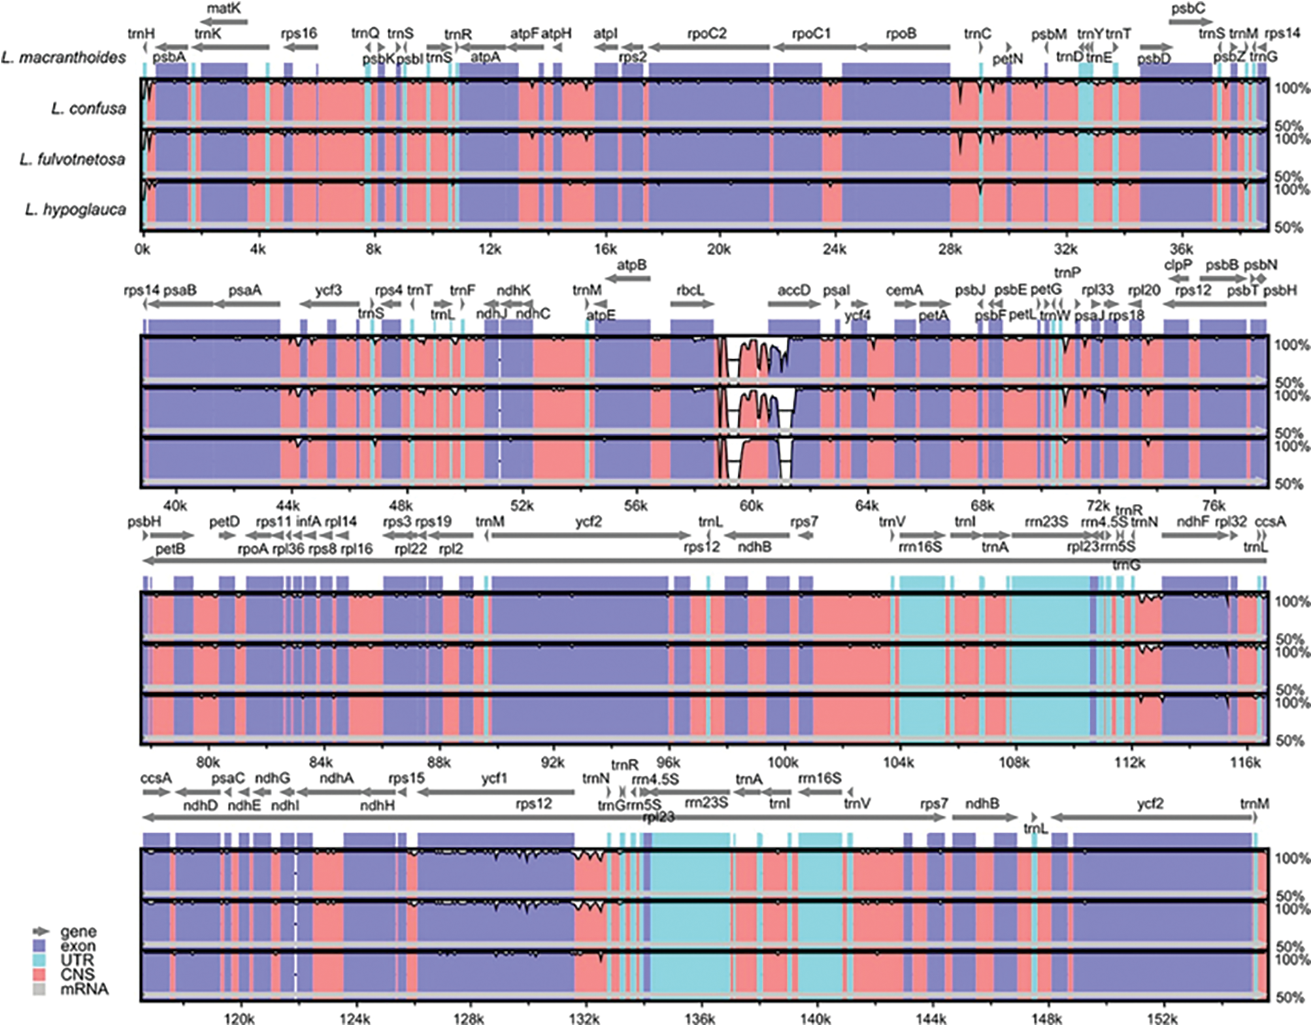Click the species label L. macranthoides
click(x=63, y=58)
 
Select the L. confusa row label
click(x=88, y=108)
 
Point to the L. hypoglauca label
click(x=75, y=209)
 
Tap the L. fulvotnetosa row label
click(x=72, y=159)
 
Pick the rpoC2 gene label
click(x=707, y=33)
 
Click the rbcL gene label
click(x=690, y=290)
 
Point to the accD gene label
click(x=794, y=290)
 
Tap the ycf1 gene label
click(x=494, y=778)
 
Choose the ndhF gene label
click(x=1193, y=522)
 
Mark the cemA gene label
click(x=903, y=290)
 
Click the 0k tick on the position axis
click(x=142, y=250)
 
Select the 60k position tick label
click(x=751, y=505)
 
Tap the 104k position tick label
click(x=899, y=762)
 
